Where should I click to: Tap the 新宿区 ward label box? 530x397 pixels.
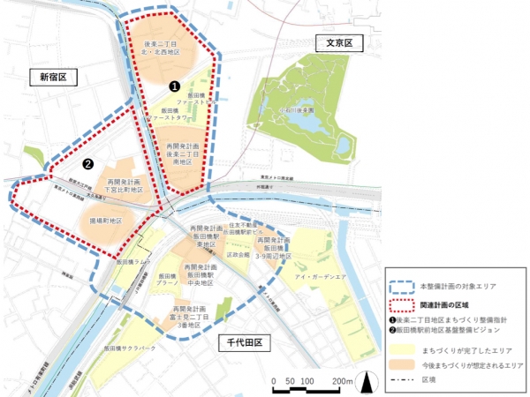(52, 78)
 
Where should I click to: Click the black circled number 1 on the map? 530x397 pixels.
(175, 86)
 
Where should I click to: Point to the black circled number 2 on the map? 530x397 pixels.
(87, 163)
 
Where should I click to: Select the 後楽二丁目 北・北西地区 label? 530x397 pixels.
(157, 48)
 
